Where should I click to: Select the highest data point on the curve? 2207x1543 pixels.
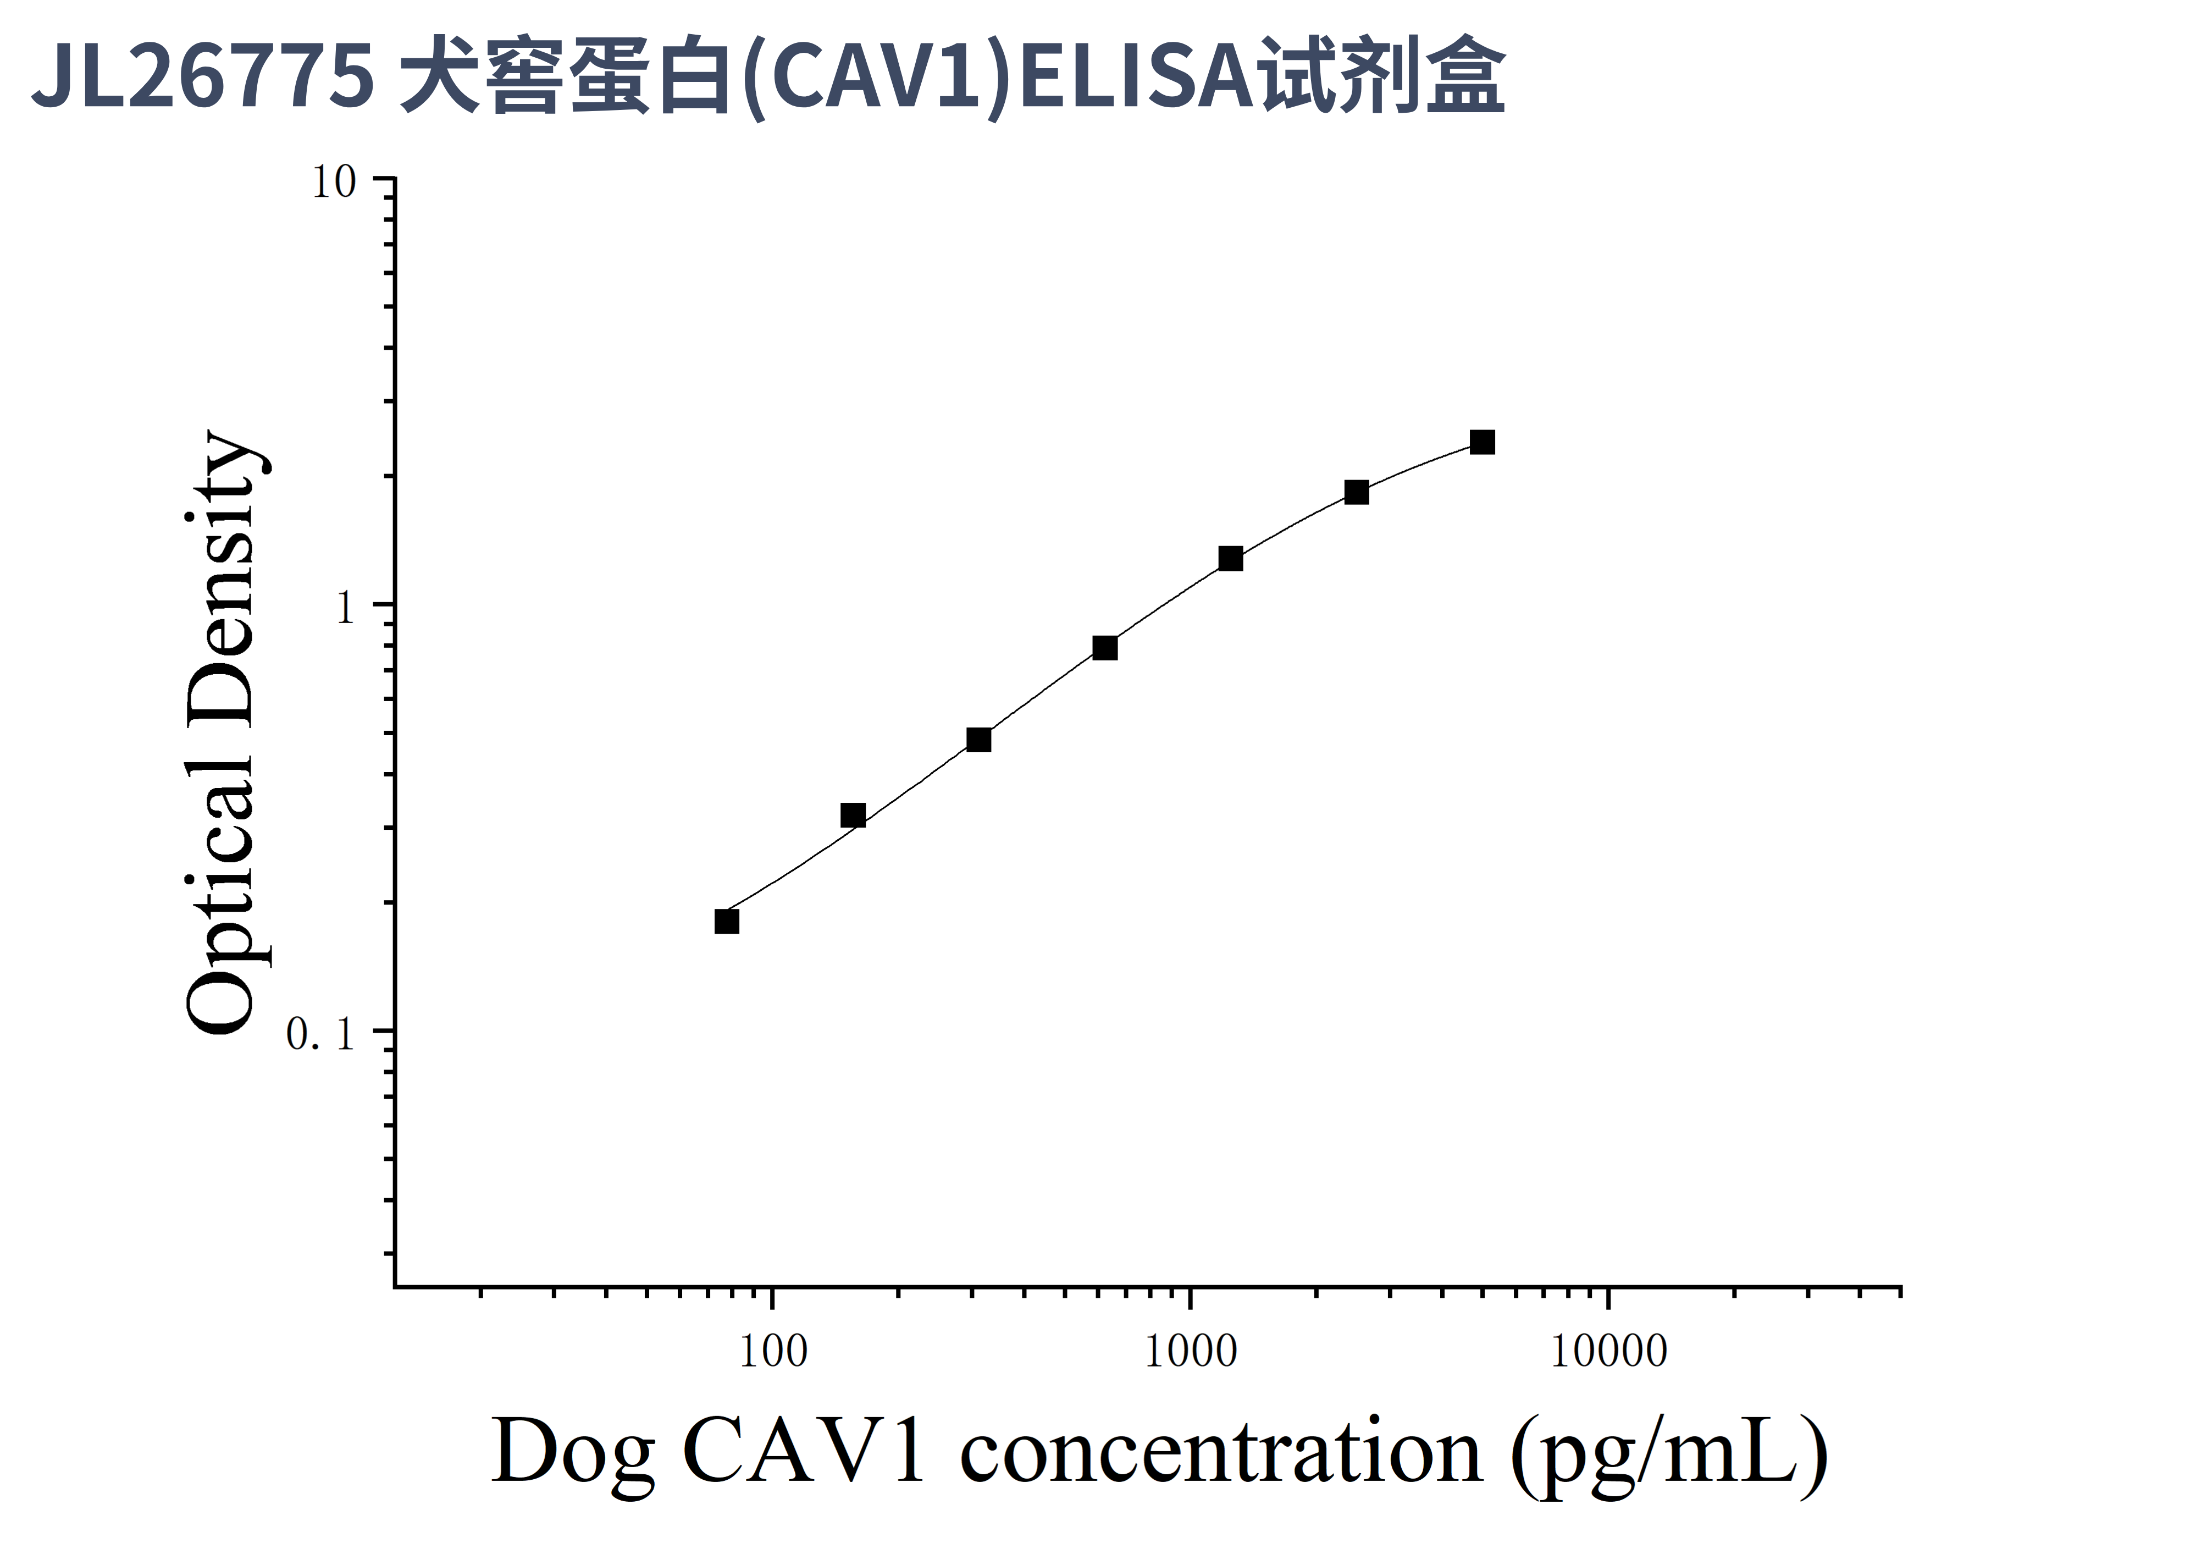pyautogui.click(x=1482, y=442)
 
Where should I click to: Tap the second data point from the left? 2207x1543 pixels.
pyautogui.click(x=853, y=815)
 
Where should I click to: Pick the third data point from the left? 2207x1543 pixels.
pyautogui.click(x=978, y=739)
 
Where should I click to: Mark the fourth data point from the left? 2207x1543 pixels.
pyautogui.click(x=1105, y=648)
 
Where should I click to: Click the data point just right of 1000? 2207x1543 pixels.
pyautogui.click(x=1230, y=559)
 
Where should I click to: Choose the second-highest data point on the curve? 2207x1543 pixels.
pyautogui.click(x=1356, y=492)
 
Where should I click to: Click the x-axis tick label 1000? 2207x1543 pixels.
pyautogui.click(x=1191, y=1352)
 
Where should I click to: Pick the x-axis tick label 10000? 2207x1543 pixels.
pyautogui.click(x=1609, y=1352)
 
